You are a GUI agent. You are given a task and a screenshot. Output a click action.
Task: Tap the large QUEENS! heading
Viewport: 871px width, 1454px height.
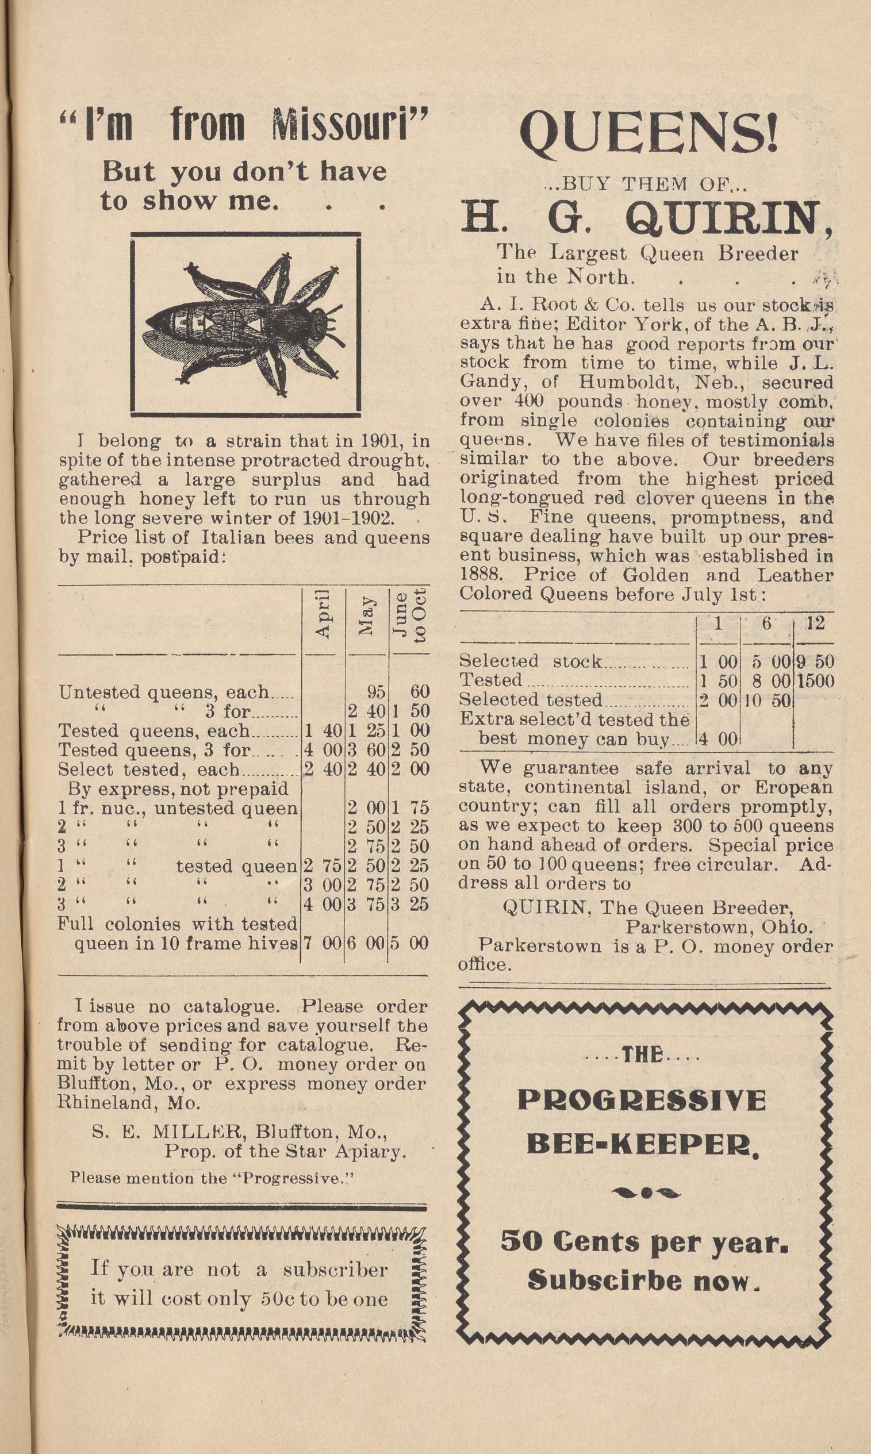click(649, 134)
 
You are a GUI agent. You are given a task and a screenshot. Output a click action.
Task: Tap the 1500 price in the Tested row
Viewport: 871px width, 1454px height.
click(815, 682)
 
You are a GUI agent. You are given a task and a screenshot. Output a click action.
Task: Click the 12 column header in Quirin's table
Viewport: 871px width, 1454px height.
click(815, 623)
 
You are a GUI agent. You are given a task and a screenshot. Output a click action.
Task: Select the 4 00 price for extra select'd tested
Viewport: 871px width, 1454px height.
click(719, 739)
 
